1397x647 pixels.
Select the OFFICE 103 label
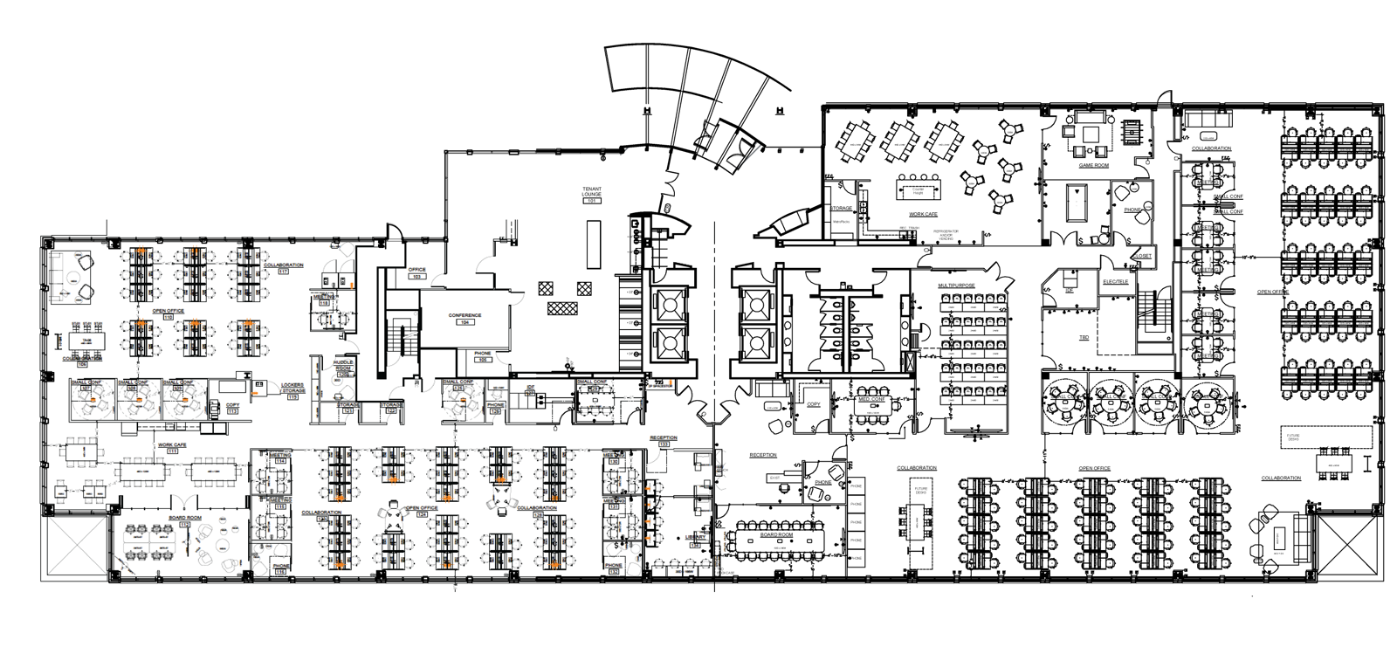click(x=416, y=272)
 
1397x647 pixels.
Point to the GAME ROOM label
click(x=1093, y=165)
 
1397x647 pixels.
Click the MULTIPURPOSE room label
click(x=956, y=285)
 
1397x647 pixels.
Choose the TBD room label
click(x=1084, y=336)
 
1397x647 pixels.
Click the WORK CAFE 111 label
click(x=172, y=447)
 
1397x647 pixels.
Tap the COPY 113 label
click(x=232, y=407)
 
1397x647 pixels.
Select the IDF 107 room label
click(x=530, y=390)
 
